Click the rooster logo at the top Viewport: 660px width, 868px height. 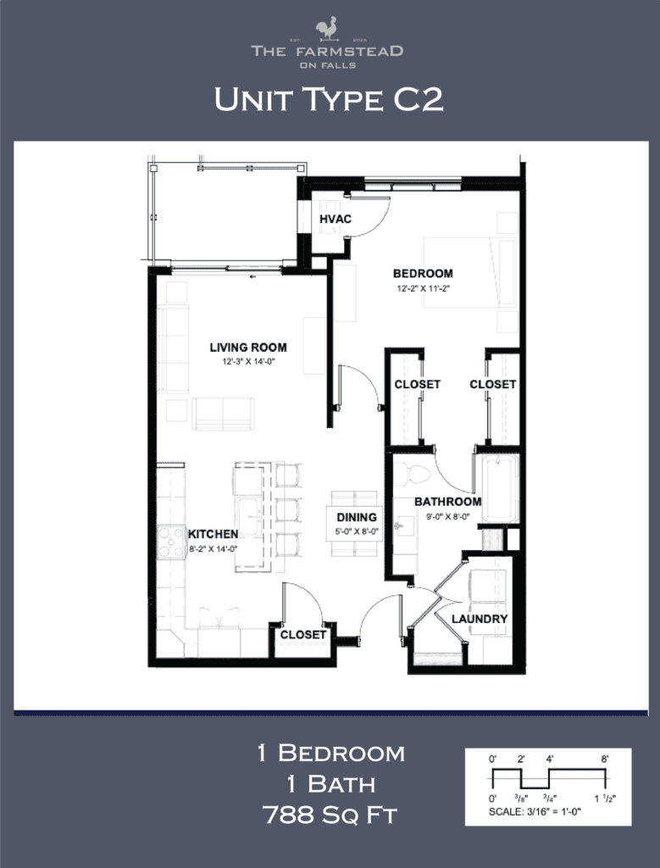pos(326,28)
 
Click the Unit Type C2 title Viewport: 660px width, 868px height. pos(329,100)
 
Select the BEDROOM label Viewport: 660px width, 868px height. pos(422,274)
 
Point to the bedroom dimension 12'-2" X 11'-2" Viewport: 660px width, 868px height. pos(422,288)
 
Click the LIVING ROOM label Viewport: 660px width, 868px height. pos(248,347)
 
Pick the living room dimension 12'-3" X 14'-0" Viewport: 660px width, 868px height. pos(248,361)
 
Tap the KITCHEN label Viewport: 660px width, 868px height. pos(213,533)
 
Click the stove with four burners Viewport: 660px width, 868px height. pos(171,542)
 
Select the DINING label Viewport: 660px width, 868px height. pos(356,517)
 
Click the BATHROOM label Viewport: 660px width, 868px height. pos(447,501)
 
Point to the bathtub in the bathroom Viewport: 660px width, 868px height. pos(496,488)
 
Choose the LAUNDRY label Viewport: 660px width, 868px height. pos(480,619)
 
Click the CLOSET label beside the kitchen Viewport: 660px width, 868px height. pos(302,634)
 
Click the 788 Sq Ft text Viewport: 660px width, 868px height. pos(330,815)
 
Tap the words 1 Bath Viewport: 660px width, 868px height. pos(330,784)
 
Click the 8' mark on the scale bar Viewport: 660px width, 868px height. pos(605,759)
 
